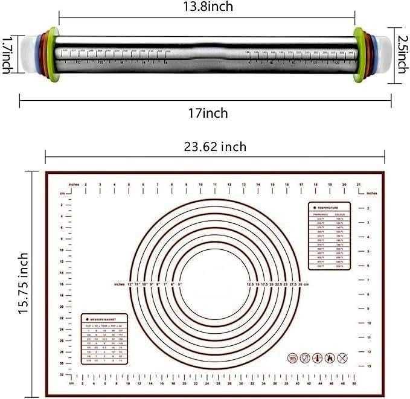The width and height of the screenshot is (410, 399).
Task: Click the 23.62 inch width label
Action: point(214,146)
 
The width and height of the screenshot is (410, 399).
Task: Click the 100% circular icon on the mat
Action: point(293,357)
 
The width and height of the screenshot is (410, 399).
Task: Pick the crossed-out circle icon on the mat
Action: point(342,357)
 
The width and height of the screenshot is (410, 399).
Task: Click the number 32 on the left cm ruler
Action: point(62,374)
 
